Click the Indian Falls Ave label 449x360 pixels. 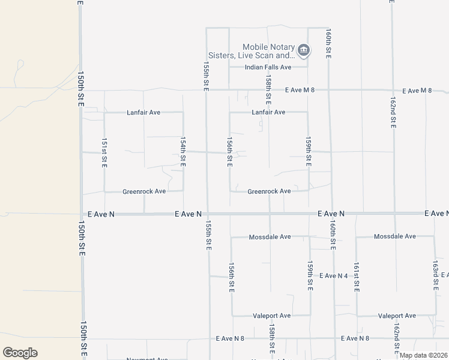coord(268,67)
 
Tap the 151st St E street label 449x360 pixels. coord(104,153)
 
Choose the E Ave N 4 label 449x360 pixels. coord(334,275)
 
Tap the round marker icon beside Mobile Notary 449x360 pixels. coord(304,50)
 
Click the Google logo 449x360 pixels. coord(20,353)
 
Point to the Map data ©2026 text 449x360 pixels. coord(423,355)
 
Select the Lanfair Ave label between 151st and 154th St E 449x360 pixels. coord(143,112)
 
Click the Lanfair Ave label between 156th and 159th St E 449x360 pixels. coord(268,112)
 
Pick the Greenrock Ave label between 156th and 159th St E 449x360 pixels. coord(269,191)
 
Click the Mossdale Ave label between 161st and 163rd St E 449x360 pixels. coord(394,236)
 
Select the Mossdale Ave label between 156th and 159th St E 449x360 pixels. coord(270,237)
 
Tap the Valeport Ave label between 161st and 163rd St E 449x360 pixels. coord(397,316)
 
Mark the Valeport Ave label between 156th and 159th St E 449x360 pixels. coord(271,316)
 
